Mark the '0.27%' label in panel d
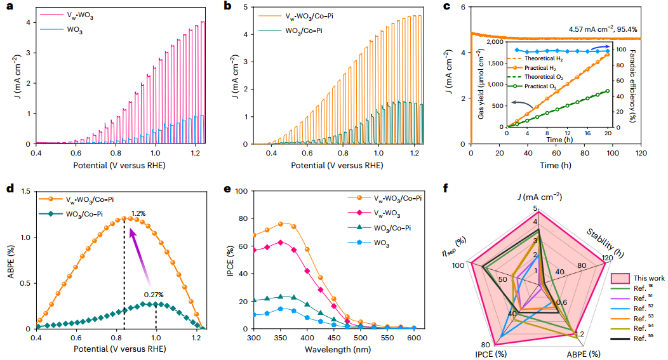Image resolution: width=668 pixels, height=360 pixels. [153, 295]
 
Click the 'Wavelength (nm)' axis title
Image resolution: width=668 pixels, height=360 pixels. [334, 349]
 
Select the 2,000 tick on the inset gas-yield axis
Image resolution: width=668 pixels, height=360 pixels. [495, 43]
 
